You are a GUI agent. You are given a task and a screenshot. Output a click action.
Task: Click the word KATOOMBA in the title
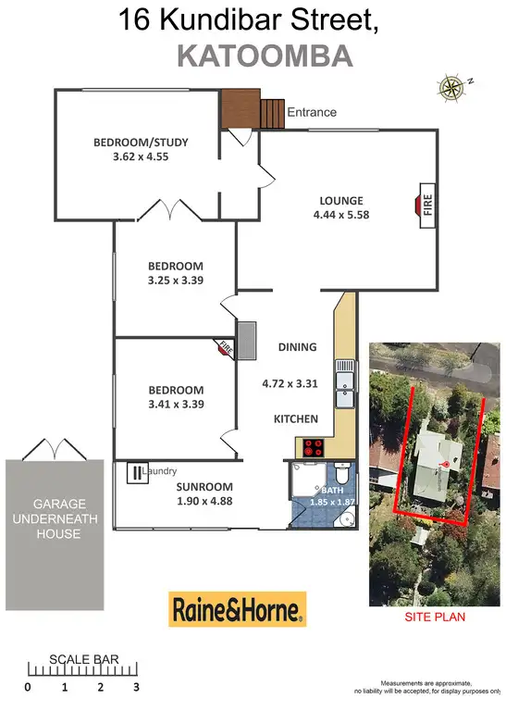click(x=264, y=56)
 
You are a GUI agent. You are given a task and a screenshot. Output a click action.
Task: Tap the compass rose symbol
click(x=451, y=88)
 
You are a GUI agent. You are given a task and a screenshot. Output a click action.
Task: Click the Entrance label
click(x=312, y=112)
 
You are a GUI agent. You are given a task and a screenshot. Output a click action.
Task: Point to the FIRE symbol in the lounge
click(x=427, y=203)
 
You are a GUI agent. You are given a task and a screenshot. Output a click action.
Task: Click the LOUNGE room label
click(x=341, y=200)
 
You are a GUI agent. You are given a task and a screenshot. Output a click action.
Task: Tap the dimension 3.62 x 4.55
click(x=142, y=156)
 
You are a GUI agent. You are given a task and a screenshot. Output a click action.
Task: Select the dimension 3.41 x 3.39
click(x=175, y=404)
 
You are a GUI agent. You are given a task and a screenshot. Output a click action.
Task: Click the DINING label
click(x=297, y=347)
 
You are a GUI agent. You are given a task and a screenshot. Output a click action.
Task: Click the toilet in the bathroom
click(x=340, y=469)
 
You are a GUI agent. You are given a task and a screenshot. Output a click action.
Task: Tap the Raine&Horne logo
click(x=237, y=609)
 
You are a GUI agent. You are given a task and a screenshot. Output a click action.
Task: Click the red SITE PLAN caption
click(x=435, y=617)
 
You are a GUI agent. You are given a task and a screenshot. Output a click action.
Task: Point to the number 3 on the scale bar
click(x=135, y=688)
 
